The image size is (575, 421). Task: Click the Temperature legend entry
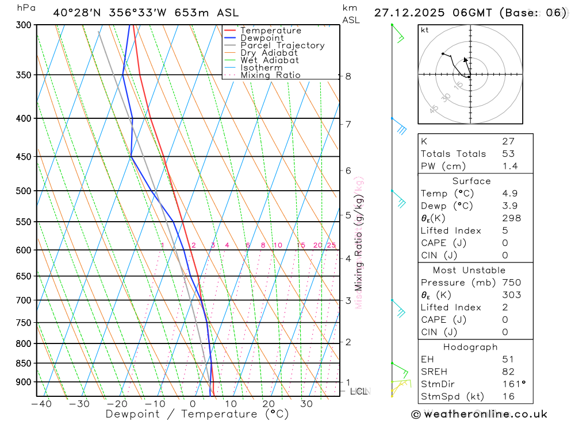coord(270,30)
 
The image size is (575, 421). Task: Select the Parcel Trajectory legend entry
coord(282,45)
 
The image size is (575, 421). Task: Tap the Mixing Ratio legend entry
coord(270,75)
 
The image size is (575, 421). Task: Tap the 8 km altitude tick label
coord(348,76)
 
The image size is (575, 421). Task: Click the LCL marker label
coord(358,392)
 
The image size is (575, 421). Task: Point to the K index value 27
coord(508,141)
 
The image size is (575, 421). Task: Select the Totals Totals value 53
coord(508,154)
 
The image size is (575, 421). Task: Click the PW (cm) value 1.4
coord(509,167)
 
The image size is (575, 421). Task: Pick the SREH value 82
coord(508,372)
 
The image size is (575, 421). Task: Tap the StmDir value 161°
coord(512,384)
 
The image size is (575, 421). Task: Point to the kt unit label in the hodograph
coord(425,30)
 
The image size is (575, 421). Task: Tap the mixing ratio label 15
coord(301,246)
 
